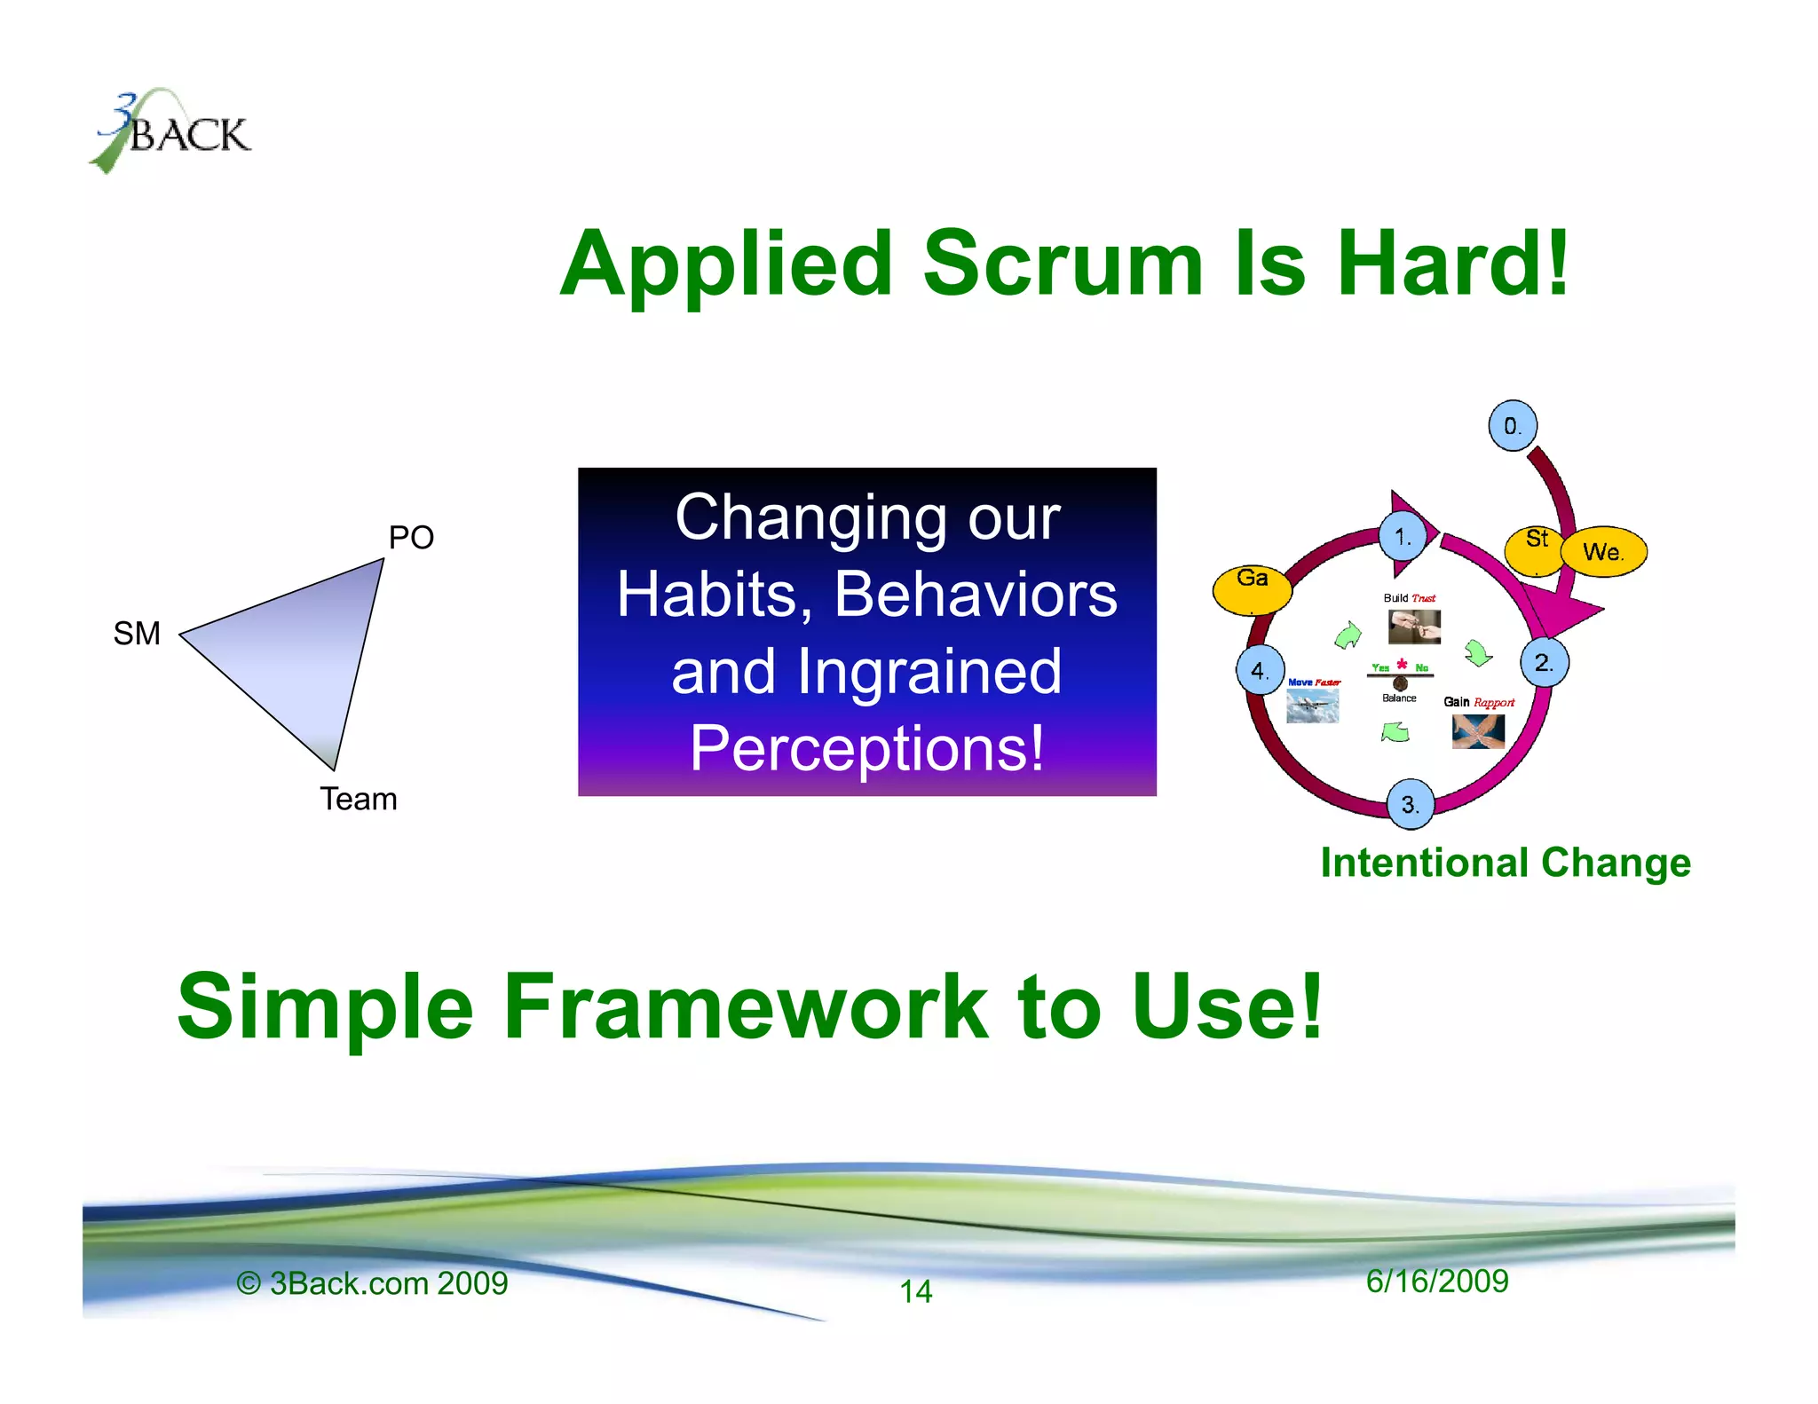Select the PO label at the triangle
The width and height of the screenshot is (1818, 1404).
click(x=411, y=538)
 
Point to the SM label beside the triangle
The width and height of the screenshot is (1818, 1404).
click(x=137, y=634)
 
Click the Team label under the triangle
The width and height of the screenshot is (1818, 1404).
click(x=359, y=800)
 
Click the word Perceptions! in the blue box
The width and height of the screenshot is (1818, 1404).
click(x=866, y=748)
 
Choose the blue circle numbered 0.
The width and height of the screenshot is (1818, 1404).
click(x=1512, y=426)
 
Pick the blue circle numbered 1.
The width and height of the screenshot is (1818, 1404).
click(x=1403, y=537)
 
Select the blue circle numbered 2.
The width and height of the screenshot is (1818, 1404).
click(x=1544, y=662)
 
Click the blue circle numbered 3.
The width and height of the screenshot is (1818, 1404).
click(x=1410, y=805)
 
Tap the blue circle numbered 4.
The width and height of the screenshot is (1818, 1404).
click(x=1260, y=670)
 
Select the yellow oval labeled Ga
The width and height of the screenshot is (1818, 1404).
click(x=1252, y=588)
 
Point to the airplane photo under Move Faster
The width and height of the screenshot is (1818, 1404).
click(x=1312, y=706)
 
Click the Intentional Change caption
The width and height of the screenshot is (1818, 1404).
click(x=1506, y=863)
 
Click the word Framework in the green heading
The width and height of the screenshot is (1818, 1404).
click(x=746, y=1007)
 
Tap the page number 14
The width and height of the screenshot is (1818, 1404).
click(x=916, y=1291)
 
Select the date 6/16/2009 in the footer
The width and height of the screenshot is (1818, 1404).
click(x=1436, y=1282)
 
